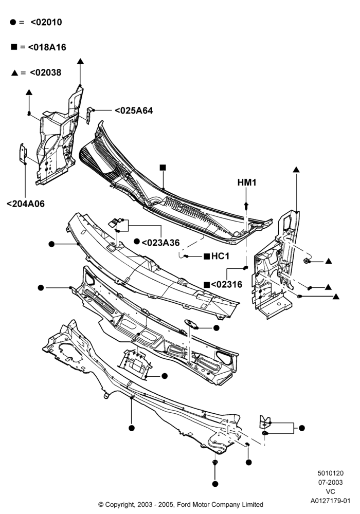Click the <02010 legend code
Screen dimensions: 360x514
(x=46, y=22)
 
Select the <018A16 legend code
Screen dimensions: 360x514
(x=47, y=47)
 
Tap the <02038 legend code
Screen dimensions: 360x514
(x=46, y=73)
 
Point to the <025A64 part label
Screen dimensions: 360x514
(x=134, y=111)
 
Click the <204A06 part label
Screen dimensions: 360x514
(x=26, y=204)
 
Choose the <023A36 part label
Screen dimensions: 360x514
(x=160, y=243)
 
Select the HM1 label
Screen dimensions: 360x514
(x=247, y=182)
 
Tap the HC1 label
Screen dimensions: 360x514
(x=220, y=256)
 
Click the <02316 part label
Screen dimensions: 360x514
(x=227, y=285)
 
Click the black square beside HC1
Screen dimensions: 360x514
(x=207, y=256)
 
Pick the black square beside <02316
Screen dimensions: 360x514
(x=207, y=285)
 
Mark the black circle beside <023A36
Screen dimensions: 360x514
(x=137, y=242)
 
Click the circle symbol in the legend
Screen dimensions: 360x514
(x=13, y=22)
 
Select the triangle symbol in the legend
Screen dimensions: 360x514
(x=14, y=73)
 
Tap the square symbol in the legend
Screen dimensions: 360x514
(x=14, y=47)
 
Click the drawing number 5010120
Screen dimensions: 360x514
(x=331, y=473)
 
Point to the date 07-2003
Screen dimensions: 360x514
(x=331, y=483)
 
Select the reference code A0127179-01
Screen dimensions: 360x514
(x=331, y=501)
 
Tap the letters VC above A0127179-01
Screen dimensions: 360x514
(x=331, y=492)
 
